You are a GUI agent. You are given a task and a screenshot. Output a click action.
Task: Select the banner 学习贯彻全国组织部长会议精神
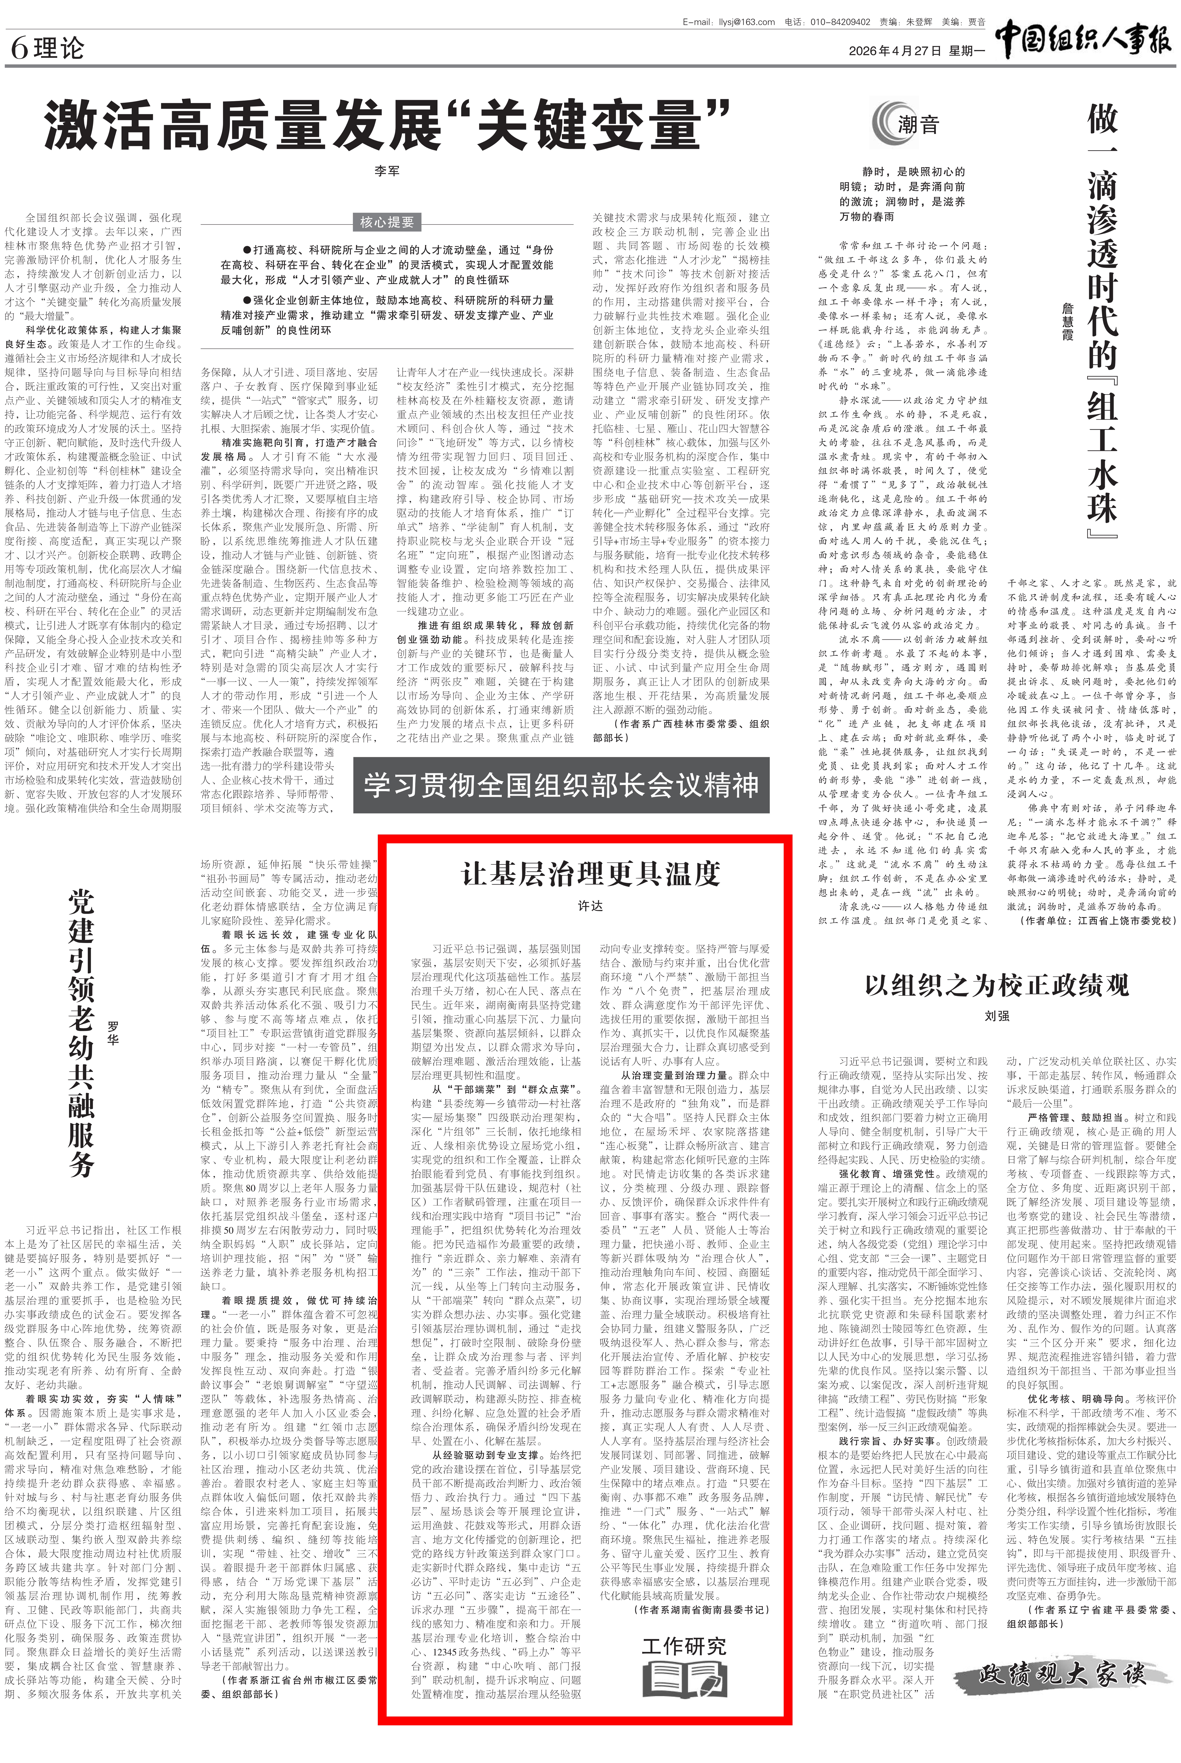click(x=561, y=786)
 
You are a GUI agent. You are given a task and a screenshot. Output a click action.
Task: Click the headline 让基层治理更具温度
click(x=591, y=874)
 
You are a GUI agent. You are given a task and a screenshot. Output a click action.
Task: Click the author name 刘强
click(x=997, y=1016)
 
